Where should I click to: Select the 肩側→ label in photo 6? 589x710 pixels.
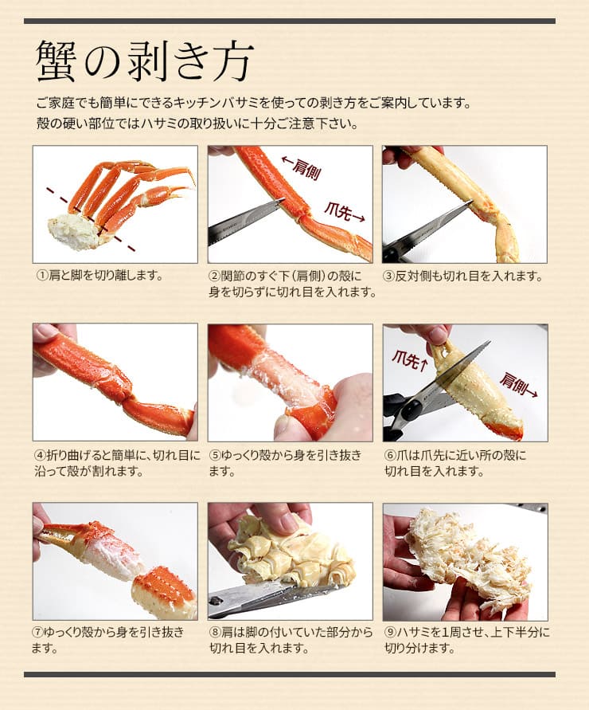click(x=518, y=385)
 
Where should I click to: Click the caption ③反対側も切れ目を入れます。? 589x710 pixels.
click(x=464, y=276)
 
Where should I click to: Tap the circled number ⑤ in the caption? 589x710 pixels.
click(x=215, y=455)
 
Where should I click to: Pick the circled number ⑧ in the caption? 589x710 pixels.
click(x=215, y=633)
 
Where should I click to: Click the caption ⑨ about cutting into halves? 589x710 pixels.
click(x=466, y=640)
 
